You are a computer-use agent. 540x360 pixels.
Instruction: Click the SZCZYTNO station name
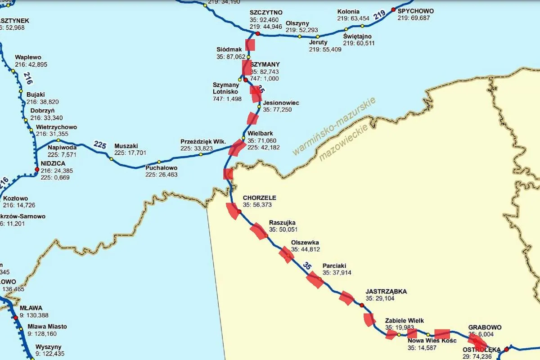coord(265,13)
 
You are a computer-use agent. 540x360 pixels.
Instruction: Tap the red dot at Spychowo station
coord(393,9)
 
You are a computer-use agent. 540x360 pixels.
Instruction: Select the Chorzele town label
coord(259,198)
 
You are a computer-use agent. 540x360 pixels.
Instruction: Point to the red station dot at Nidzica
coord(37,169)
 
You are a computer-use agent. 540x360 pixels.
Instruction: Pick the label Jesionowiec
coord(281,103)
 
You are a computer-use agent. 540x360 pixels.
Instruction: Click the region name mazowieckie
coord(343,143)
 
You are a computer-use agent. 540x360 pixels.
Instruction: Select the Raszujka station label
coord(282,222)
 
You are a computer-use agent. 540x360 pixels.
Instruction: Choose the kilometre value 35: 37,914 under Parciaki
coord(337,273)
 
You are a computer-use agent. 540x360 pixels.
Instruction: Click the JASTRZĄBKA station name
coord(386,291)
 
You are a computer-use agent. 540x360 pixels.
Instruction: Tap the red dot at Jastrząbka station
coord(362,305)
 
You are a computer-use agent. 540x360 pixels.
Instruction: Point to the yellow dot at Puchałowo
coord(159,162)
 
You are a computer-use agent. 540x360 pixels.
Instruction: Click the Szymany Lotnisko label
coord(226,88)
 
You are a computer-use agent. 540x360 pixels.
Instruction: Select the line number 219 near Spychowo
coord(380,15)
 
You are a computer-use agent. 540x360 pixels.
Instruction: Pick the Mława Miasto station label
coord(47,326)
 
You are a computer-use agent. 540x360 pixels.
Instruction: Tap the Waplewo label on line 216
coord(28,57)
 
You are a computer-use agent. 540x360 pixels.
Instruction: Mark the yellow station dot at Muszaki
coord(111,158)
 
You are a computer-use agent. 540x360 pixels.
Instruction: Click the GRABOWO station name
coord(485,327)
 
